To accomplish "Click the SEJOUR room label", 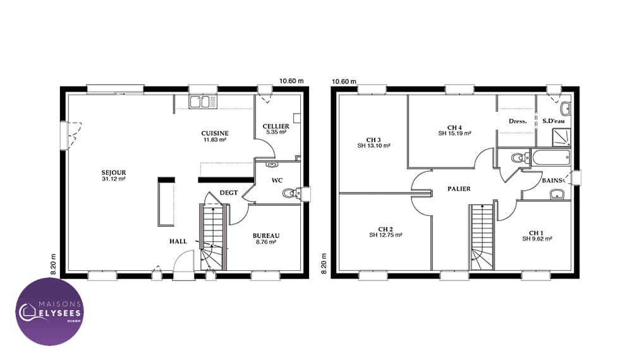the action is [x=114, y=176].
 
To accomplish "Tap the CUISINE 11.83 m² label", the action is [x=215, y=136].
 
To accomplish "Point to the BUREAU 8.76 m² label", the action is [x=266, y=238].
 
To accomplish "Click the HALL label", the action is [x=178, y=241].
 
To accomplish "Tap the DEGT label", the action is [x=229, y=193].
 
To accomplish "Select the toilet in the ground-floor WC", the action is [x=289, y=193].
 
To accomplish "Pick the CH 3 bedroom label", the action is [x=374, y=143].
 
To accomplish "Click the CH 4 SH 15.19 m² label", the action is [x=454, y=130].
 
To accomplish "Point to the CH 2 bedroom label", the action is [x=386, y=232].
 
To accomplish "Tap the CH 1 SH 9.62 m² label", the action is [x=537, y=236].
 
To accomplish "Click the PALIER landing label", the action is [x=459, y=188].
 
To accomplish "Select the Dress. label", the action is [x=518, y=121].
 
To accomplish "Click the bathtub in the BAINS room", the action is [x=551, y=157].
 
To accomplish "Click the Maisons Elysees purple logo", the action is [x=50, y=311].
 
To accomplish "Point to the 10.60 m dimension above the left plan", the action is [x=291, y=81].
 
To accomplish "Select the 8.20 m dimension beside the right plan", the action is [x=324, y=264].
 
